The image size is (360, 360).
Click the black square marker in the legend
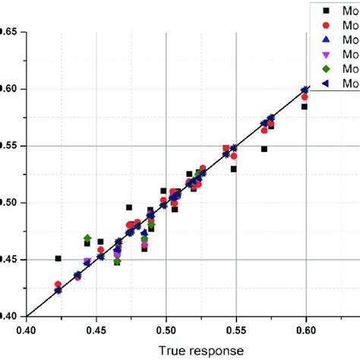point(326,10)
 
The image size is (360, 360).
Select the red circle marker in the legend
point(326,24)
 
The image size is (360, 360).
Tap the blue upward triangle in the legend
point(326,39)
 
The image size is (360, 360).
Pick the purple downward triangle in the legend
point(326,54)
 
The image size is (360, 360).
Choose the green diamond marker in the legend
point(326,68)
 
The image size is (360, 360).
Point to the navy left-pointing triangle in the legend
point(326,84)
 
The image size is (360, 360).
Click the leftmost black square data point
point(58,259)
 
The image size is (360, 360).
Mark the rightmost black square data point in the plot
point(304,107)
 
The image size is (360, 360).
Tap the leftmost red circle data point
point(58,284)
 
